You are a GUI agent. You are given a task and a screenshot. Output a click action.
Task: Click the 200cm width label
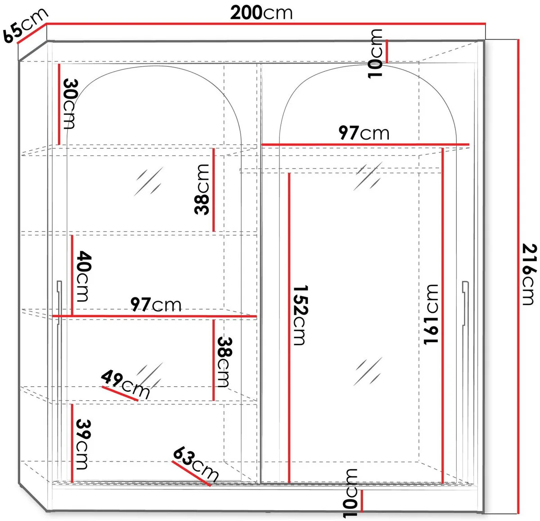click(x=261, y=13)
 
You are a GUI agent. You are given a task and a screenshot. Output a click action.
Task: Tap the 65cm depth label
click(x=25, y=26)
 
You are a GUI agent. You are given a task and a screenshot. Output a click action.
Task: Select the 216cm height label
click(x=529, y=274)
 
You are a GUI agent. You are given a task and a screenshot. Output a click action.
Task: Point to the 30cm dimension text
click(x=69, y=104)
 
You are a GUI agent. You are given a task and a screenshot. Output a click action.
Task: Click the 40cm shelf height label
click(x=84, y=276)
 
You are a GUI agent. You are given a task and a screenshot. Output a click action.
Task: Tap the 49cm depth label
click(x=126, y=384)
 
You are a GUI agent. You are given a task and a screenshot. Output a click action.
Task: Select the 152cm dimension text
click(x=300, y=315)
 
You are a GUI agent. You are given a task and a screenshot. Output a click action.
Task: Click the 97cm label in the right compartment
click(x=364, y=133)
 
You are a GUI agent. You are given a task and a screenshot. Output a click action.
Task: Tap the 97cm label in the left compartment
click(x=156, y=305)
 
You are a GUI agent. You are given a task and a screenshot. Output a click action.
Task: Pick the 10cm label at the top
click(x=375, y=54)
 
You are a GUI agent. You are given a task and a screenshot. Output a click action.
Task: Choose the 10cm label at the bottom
click(x=350, y=493)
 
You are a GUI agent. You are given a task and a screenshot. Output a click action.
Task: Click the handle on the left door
click(x=59, y=303)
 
